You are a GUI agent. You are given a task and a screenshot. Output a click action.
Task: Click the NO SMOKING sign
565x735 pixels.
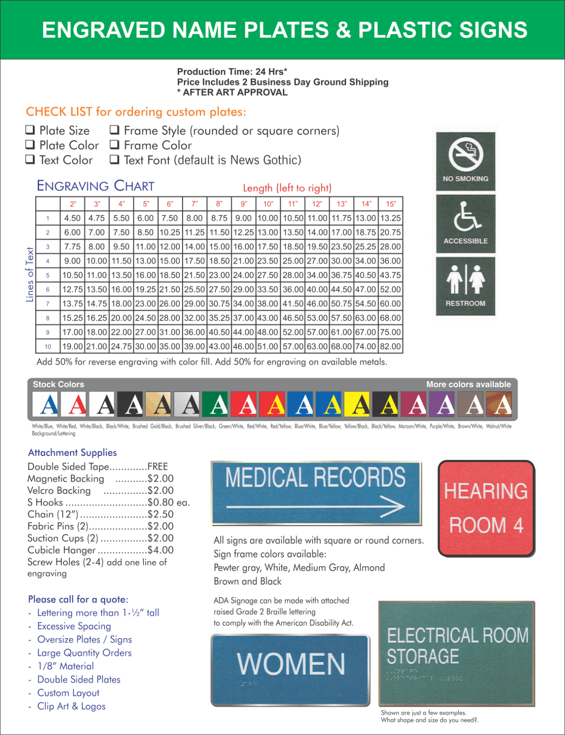click(x=466, y=161)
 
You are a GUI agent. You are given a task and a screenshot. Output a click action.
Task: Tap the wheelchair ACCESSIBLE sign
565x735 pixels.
click(x=466, y=224)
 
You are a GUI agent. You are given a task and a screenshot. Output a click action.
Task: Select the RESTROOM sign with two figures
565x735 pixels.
click(x=466, y=286)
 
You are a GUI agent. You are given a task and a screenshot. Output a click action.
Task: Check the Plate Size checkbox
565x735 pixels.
click(x=30, y=130)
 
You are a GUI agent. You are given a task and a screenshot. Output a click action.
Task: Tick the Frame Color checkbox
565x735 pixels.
click(x=115, y=145)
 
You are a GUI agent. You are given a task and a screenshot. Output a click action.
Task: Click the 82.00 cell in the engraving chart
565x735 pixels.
click(x=390, y=347)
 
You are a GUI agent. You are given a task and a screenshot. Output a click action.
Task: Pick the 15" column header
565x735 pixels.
click(x=391, y=204)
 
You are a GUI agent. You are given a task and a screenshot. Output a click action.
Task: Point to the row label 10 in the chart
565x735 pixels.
click(x=48, y=347)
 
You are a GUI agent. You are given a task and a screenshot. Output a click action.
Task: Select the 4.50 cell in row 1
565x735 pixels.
click(x=72, y=218)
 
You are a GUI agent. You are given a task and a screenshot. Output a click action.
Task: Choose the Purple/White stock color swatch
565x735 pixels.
click(x=444, y=404)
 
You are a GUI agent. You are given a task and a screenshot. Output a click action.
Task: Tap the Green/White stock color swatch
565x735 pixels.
click(x=218, y=404)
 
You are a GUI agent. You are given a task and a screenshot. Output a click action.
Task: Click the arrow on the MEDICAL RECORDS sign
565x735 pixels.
click(x=316, y=507)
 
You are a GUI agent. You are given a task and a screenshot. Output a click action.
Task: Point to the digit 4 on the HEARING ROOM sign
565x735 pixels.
click(x=518, y=525)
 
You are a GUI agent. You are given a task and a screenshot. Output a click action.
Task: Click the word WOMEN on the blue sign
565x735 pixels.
click(x=291, y=664)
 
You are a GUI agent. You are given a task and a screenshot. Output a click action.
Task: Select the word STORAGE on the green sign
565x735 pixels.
click(x=423, y=656)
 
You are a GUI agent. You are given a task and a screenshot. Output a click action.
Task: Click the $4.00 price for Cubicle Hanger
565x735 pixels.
click(x=161, y=550)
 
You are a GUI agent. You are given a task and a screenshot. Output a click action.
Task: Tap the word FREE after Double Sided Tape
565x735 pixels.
click(x=157, y=467)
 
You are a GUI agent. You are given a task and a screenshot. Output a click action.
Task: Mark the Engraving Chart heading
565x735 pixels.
click(x=95, y=186)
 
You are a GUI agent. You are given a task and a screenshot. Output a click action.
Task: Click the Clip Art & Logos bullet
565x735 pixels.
click(x=71, y=706)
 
